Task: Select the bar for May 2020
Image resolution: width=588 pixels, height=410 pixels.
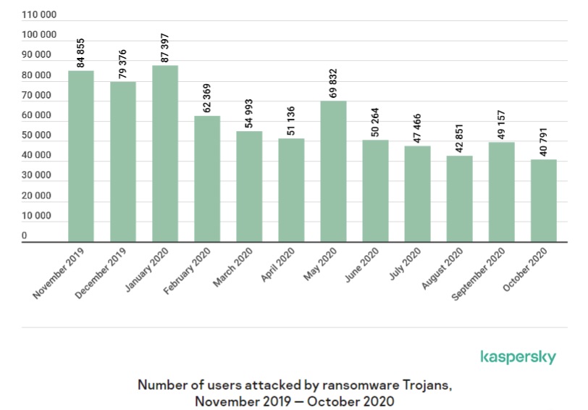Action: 333,171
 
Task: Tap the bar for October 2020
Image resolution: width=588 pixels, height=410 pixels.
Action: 543,201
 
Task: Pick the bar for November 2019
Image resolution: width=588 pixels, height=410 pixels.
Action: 81,156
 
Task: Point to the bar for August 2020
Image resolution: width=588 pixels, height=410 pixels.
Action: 459,198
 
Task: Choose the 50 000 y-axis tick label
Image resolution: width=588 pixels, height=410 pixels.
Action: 36,135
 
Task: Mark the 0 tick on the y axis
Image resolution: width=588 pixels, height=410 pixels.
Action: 24,235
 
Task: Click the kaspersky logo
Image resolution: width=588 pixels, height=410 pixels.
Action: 518,357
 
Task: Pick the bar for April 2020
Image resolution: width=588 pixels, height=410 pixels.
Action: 291,190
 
